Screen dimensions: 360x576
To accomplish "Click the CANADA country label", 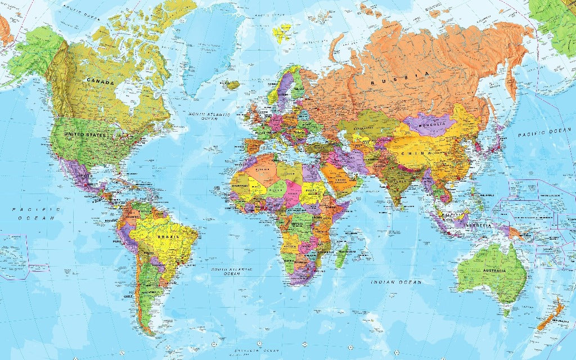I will (x=100, y=82).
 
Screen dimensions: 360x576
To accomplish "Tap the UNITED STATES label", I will (x=85, y=134).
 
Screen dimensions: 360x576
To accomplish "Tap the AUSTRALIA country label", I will (x=493, y=272).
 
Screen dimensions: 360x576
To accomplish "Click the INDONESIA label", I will (x=478, y=226).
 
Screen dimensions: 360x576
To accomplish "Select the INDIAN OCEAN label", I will (x=396, y=281).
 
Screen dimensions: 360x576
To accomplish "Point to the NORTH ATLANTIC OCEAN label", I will (x=209, y=116).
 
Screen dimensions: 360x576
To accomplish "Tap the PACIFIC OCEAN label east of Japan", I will (x=544, y=132).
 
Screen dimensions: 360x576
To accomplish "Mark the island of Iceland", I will (x=231, y=85).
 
